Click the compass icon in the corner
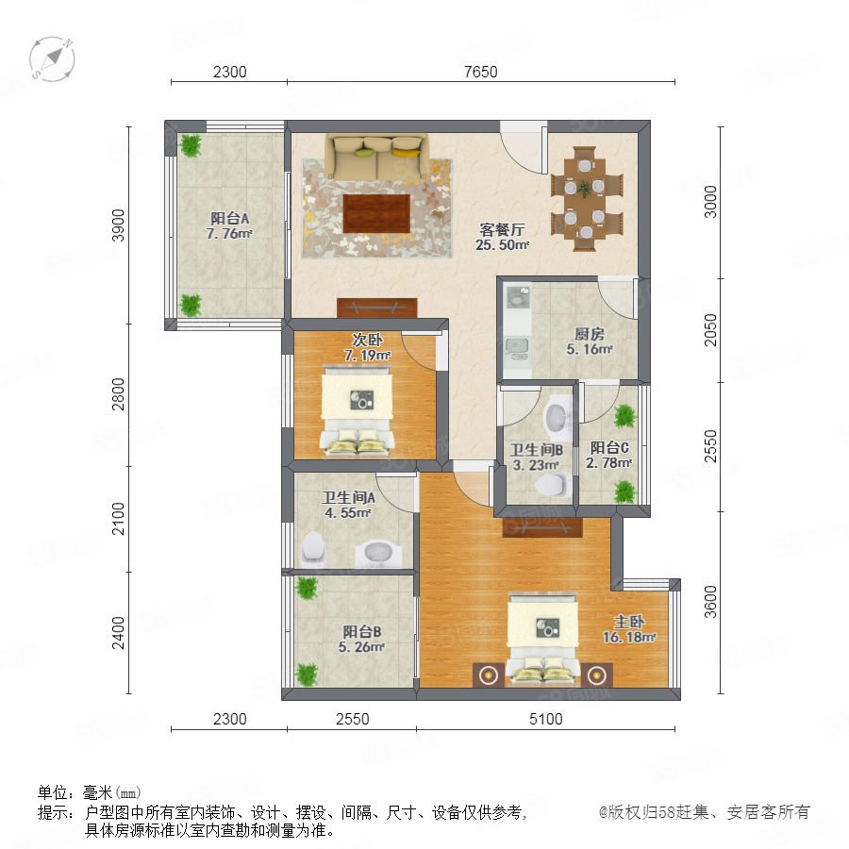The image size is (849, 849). (x=52, y=59)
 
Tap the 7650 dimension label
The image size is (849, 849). (x=481, y=72)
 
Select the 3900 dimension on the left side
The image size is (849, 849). (x=118, y=225)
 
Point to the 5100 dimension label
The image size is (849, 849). (x=546, y=719)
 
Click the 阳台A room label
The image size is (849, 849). (x=230, y=218)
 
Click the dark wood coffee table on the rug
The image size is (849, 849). (x=376, y=213)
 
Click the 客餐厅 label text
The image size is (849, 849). (x=503, y=229)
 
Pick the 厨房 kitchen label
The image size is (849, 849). (x=590, y=334)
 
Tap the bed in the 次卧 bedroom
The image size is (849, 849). (x=357, y=408)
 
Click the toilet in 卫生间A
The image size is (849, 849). (x=312, y=548)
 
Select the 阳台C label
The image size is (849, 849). (x=609, y=448)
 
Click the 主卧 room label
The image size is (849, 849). (x=628, y=622)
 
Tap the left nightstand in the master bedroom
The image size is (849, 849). (x=489, y=675)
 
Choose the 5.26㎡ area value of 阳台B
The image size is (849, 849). (x=361, y=647)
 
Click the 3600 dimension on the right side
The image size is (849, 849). (x=710, y=602)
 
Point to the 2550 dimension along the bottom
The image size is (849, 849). (x=353, y=719)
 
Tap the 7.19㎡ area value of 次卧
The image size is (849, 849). (x=368, y=356)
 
